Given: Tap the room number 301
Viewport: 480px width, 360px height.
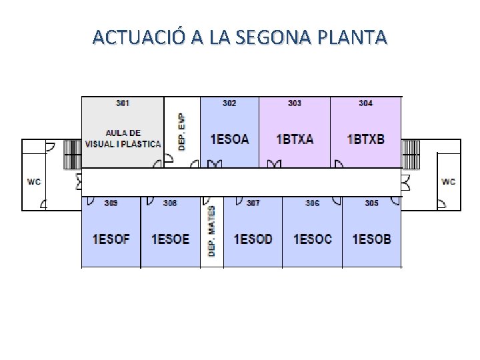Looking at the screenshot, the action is (123, 103).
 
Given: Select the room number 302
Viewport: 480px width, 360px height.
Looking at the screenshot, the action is (229, 103).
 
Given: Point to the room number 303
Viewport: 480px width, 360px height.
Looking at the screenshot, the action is (295, 103).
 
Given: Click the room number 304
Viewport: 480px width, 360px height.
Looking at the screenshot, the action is (366, 103).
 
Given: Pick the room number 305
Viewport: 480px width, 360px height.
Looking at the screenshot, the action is (371, 203).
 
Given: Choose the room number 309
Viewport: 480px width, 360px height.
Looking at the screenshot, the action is (111, 203).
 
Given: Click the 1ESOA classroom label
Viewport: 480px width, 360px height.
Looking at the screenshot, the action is (229, 139).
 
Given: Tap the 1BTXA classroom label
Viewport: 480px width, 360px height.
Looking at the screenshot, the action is (295, 139).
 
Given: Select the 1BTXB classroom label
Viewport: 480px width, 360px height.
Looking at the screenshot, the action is (366, 139).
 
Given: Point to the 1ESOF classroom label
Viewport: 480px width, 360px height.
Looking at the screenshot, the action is (111, 239).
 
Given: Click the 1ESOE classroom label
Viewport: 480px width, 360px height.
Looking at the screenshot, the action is (170, 239).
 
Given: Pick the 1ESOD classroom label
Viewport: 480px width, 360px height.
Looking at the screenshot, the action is (253, 239).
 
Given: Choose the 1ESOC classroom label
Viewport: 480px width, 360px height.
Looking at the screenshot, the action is (312, 239).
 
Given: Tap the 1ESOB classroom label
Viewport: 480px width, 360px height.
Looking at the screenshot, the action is (371, 239).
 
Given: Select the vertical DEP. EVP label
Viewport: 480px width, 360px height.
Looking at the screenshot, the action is (182, 131).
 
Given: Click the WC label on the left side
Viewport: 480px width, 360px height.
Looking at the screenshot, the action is (33, 181).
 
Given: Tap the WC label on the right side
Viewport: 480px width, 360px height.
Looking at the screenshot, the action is (449, 181).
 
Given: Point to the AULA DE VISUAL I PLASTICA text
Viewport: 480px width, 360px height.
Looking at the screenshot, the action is (123, 138).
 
